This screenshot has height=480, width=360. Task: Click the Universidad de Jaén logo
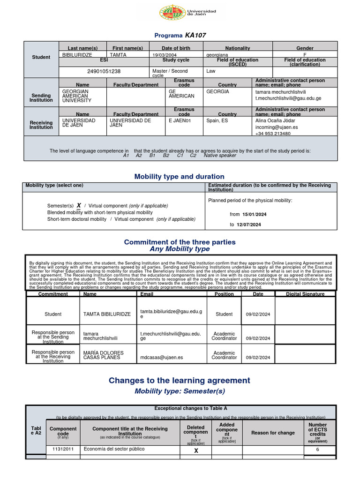pos(187,14)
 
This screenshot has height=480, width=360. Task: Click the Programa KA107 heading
pos(180,35)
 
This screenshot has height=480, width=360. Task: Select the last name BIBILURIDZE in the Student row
pos(77,55)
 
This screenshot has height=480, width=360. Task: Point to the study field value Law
pos(210,71)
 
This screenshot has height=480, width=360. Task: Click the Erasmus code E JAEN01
pos(180,120)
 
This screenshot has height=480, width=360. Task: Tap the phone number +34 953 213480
pos(273,134)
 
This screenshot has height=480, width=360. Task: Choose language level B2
pos(166,155)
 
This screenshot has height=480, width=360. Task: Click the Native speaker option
pos(220,155)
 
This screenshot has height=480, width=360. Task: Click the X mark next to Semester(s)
pos(79,205)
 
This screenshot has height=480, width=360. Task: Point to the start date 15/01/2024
pos(255,214)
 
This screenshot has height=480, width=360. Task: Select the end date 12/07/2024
pos(248,225)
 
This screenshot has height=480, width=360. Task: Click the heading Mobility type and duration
pos(180,177)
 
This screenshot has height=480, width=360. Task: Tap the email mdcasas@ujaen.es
pos(162,357)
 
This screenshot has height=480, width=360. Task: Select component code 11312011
pos(63,449)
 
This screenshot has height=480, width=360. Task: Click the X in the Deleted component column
pos(196,450)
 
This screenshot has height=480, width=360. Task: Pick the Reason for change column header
pos(273,433)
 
